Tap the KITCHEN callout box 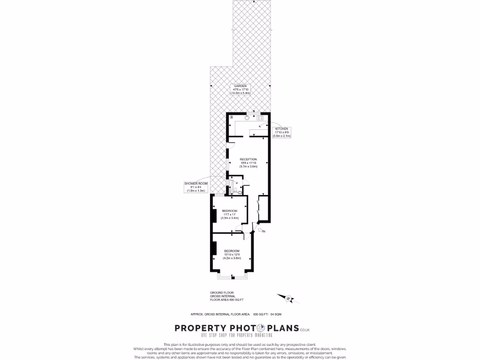[282, 132]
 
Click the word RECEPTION [248, 159]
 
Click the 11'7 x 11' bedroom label [230, 214]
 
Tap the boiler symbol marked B [231, 117]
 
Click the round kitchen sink [246, 118]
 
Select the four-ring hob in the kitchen [260, 118]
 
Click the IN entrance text [264, 232]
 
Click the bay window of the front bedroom [232, 277]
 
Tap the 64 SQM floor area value [276, 314]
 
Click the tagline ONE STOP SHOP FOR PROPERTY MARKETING [239, 336]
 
